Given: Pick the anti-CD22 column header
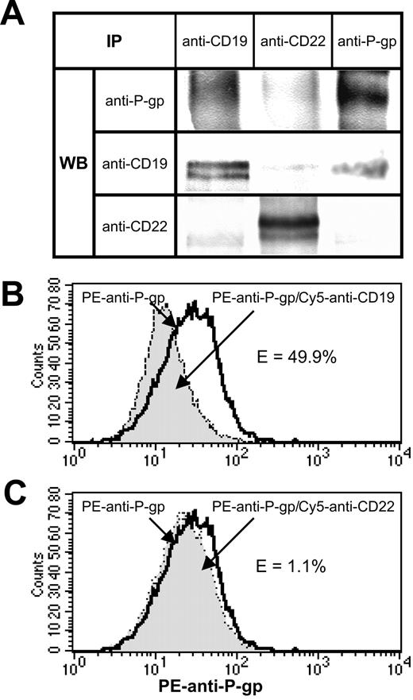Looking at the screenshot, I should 292,38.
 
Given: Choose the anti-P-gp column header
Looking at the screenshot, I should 371,38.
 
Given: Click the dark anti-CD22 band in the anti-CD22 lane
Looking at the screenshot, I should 292,224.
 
